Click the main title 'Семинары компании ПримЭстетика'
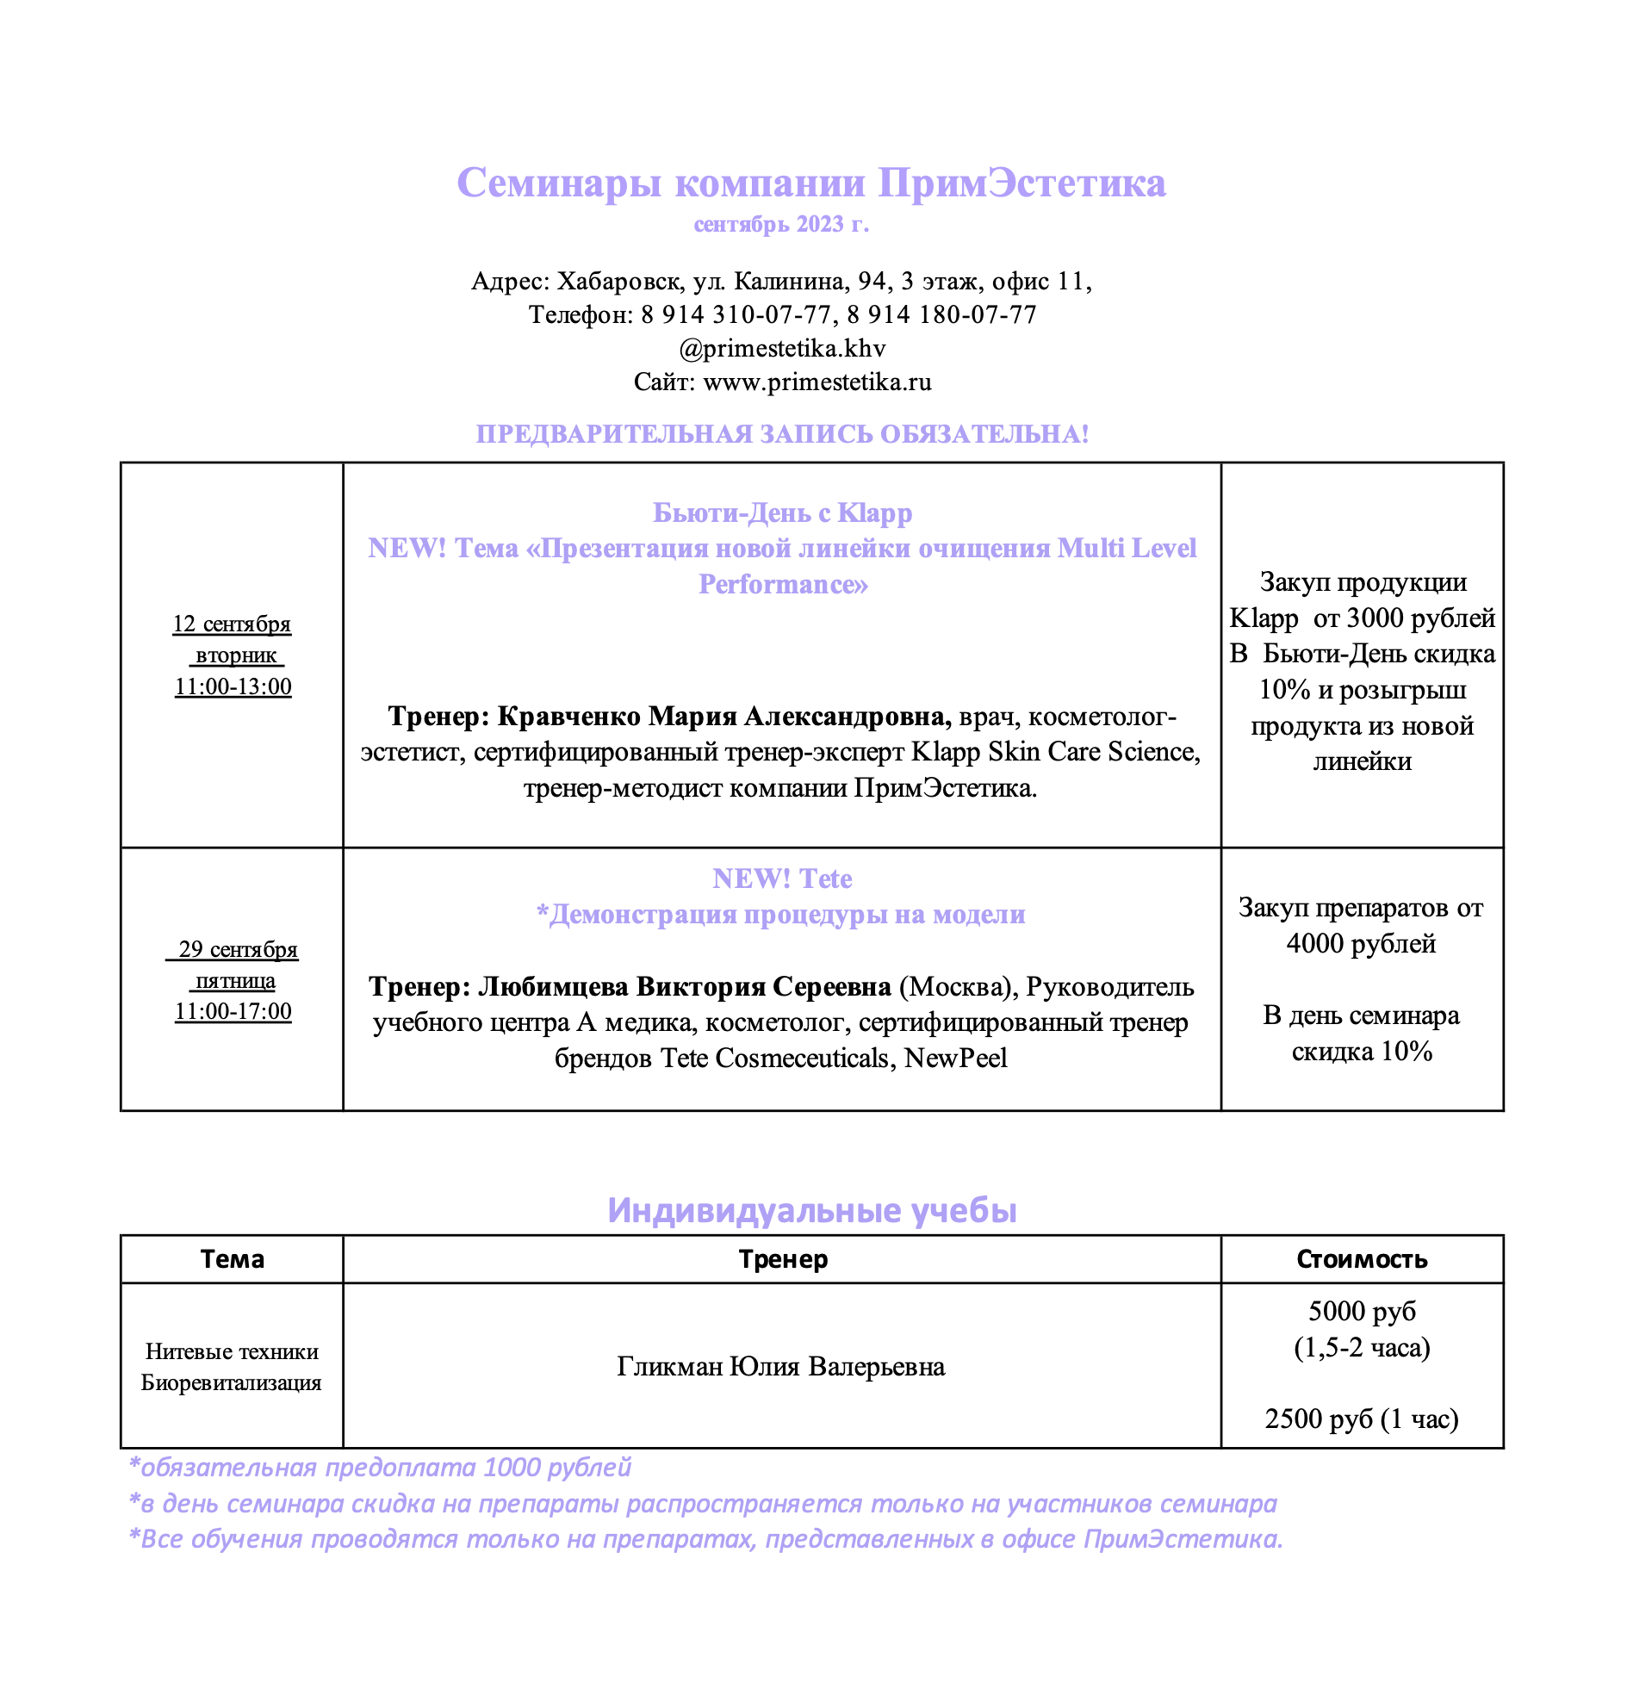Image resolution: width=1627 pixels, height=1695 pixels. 810,183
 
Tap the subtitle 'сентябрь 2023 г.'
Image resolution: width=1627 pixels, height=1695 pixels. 781,225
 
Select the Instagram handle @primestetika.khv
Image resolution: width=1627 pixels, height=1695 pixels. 782,349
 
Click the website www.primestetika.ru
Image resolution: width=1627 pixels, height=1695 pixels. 817,382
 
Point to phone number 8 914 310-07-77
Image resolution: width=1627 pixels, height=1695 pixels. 736,314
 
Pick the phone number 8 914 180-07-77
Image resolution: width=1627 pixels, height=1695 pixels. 941,314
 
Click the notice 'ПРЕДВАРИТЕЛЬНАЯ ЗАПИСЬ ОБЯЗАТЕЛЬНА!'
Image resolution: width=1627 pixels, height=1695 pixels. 782,434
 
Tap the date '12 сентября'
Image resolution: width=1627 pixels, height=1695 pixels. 232,624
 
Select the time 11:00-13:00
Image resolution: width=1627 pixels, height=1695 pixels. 233,687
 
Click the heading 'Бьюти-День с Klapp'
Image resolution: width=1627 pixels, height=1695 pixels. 782,512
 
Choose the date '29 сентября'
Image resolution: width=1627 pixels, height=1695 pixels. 237,949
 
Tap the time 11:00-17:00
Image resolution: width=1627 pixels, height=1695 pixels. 233,1012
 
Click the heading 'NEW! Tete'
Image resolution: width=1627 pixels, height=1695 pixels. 782,879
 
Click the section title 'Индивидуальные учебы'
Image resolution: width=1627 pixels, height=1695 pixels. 811,1210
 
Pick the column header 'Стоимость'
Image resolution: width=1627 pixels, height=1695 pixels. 1362,1259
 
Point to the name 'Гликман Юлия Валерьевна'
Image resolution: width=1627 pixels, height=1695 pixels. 780,1366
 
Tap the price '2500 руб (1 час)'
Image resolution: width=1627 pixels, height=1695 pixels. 1362,1419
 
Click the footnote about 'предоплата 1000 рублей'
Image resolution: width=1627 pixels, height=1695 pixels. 381,1468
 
